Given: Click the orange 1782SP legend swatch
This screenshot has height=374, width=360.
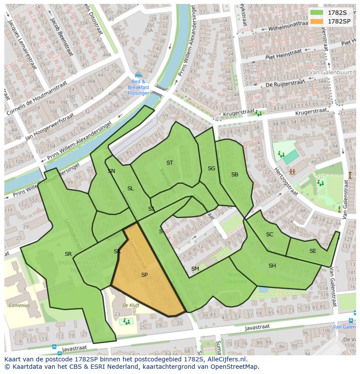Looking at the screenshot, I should [x=317, y=21].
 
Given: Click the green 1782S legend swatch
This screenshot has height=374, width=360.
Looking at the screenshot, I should [x=317, y=13].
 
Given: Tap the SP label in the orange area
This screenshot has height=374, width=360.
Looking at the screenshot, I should [x=144, y=275].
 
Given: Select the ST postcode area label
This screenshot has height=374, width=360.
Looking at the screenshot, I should [x=170, y=163].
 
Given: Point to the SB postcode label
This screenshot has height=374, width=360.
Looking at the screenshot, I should [x=235, y=175].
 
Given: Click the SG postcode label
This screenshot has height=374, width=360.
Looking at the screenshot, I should [x=211, y=169].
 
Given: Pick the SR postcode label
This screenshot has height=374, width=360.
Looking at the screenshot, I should [x=68, y=254].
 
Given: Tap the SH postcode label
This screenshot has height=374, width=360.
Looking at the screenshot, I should [x=272, y=266].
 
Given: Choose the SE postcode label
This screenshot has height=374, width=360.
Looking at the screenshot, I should [x=313, y=251].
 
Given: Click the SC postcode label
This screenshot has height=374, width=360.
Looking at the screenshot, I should [x=270, y=235].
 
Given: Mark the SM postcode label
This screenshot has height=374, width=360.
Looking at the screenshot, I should [x=195, y=269].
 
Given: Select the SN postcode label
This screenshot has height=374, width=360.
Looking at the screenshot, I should [x=111, y=171].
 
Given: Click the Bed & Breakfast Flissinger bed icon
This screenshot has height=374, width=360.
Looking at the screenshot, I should [x=138, y=75].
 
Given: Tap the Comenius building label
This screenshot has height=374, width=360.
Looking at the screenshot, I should [x=19, y=305].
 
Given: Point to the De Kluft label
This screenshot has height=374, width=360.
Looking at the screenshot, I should [x=131, y=305].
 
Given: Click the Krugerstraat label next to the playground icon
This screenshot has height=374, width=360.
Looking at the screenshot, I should [x=237, y=114].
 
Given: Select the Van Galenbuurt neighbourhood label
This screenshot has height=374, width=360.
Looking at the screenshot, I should [x=326, y=72].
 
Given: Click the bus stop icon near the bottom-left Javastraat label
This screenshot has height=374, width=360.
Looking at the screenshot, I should [x=54, y=347].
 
